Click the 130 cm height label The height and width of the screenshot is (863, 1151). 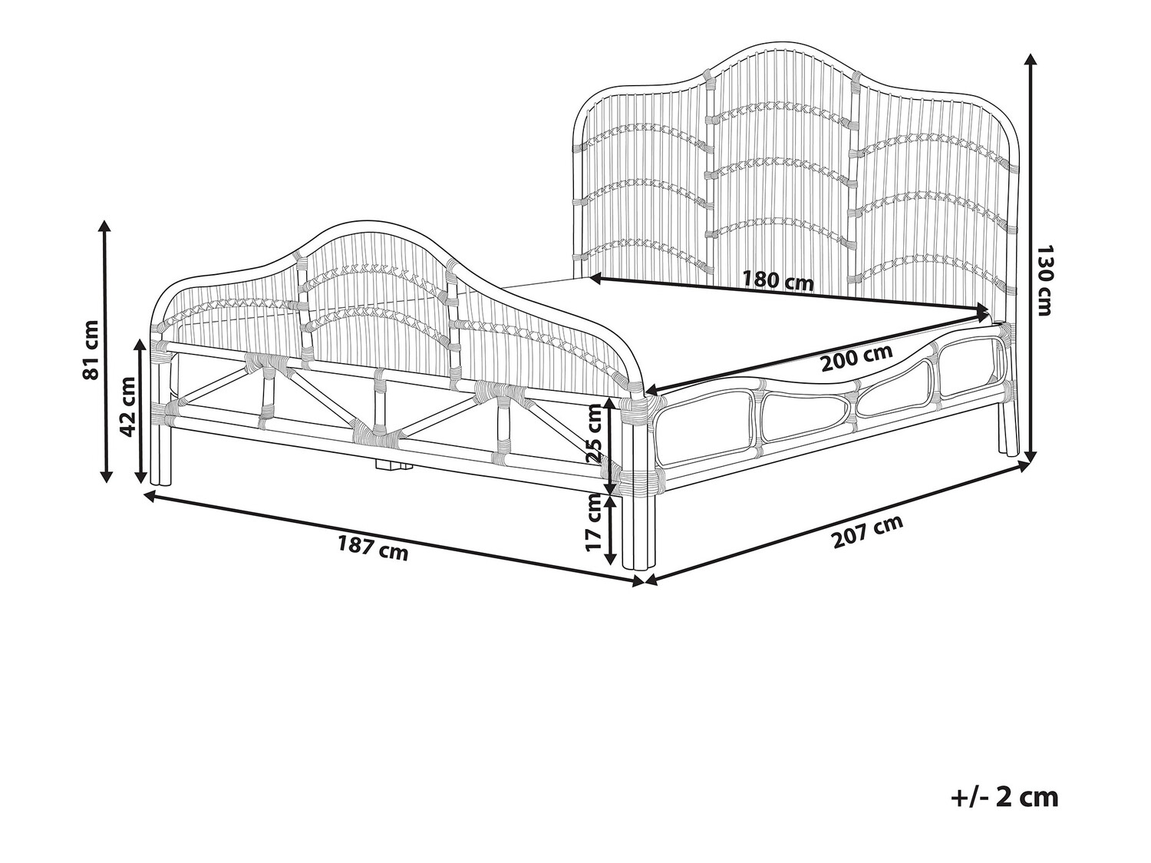coord(1045,280)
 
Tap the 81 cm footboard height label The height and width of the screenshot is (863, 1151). coord(91,350)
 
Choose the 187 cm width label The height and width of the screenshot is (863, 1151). coord(372,547)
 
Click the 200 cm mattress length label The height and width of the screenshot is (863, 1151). coord(857,357)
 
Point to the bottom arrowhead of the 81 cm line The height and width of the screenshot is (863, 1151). coord(106,475)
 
